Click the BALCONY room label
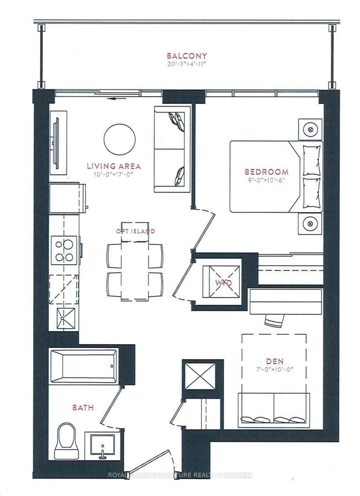point(187,55)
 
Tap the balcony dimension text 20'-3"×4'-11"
point(187,65)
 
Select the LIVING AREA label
point(114,166)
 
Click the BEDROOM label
point(266,172)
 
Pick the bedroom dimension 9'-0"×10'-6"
point(266,180)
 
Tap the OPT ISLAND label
point(135,231)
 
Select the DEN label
point(275,361)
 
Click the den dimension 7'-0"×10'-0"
point(275,370)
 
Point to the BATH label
point(83,407)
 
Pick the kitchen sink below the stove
point(66,319)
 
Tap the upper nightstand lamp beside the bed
point(310,129)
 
